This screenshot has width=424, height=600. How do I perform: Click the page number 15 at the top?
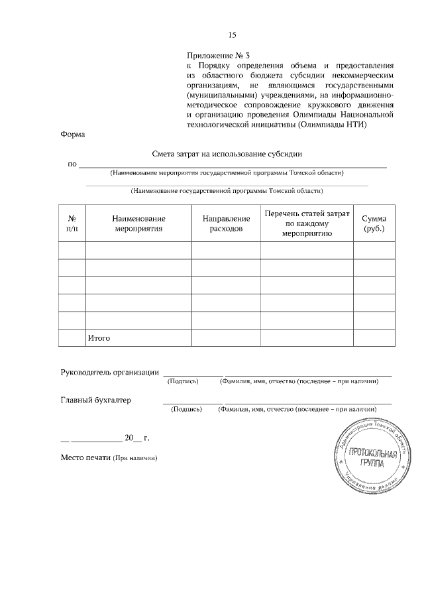(x=233, y=35)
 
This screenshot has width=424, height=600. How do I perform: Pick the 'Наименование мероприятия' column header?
(x=138, y=223)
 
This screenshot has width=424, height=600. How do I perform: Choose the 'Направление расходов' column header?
(x=226, y=223)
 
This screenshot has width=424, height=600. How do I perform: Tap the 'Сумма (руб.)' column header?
(x=374, y=223)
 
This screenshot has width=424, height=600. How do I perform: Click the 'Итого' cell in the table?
(x=99, y=338)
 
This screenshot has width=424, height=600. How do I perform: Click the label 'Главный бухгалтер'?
(x=96, y=400)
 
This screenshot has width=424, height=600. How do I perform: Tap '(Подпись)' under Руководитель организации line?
(x=184, y=382)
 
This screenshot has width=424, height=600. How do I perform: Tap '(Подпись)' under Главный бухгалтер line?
(x=186, y=410)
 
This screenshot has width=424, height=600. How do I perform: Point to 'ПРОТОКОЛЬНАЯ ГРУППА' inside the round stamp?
(x=373, y=458)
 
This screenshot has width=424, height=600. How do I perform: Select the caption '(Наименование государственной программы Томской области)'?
(x=227, y=191)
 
